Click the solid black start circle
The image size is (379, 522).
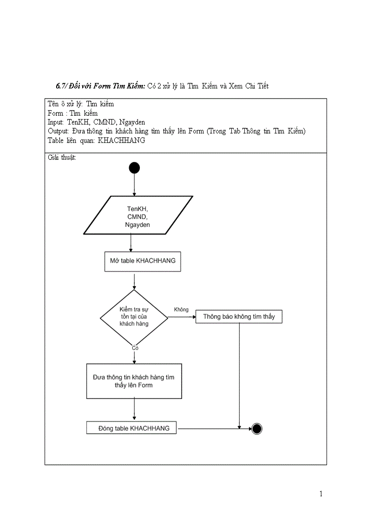(x=134, y=168)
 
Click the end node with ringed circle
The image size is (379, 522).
(x=256, y=428)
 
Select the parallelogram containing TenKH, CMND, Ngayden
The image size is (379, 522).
(x=138, y=215)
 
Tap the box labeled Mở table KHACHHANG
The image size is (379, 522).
(x=143, y=261)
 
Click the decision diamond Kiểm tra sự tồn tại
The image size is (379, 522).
(x=134, y=317)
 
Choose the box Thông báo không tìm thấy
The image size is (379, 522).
(x=239, y=317)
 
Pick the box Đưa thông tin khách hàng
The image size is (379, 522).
(x=134, y=381)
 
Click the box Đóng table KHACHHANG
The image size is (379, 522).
(x=131, y=428)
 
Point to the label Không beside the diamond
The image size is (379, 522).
(x=181, y=310)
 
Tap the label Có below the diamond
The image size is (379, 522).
(x=135, y=348)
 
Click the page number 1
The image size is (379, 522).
(x=320, y=494)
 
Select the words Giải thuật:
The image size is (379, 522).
(x=62, y=157)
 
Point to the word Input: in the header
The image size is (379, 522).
(x=56, y=122)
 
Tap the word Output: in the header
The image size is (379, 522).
(x=58, y=131)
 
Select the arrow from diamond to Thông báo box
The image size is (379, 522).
(x=181, y=317)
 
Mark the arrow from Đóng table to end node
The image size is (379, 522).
(x=214, y=428)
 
